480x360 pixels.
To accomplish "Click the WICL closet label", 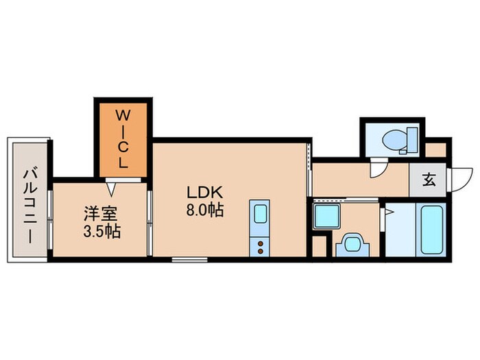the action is tap(123, 139).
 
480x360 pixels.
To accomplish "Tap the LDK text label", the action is tap(204, 193).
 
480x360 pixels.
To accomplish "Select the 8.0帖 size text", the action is tap(205, 211).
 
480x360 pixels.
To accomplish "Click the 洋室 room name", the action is tap(101, 214).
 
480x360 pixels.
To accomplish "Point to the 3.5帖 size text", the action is tap(102, 232).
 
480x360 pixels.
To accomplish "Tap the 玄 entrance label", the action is tap(429, 180).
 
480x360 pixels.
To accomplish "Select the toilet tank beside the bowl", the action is tap(412, 140).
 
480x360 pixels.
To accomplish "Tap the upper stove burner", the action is tap(261, 243).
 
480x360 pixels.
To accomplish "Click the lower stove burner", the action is tap(261, 252).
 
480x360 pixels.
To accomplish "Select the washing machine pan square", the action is tap(326, 217).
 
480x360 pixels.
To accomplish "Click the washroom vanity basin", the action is tap(352, 244).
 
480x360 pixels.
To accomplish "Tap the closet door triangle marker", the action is tap(111, 189).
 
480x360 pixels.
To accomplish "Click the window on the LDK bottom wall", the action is tap(189, 260).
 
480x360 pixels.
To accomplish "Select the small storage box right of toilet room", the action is tap(435, 150).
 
